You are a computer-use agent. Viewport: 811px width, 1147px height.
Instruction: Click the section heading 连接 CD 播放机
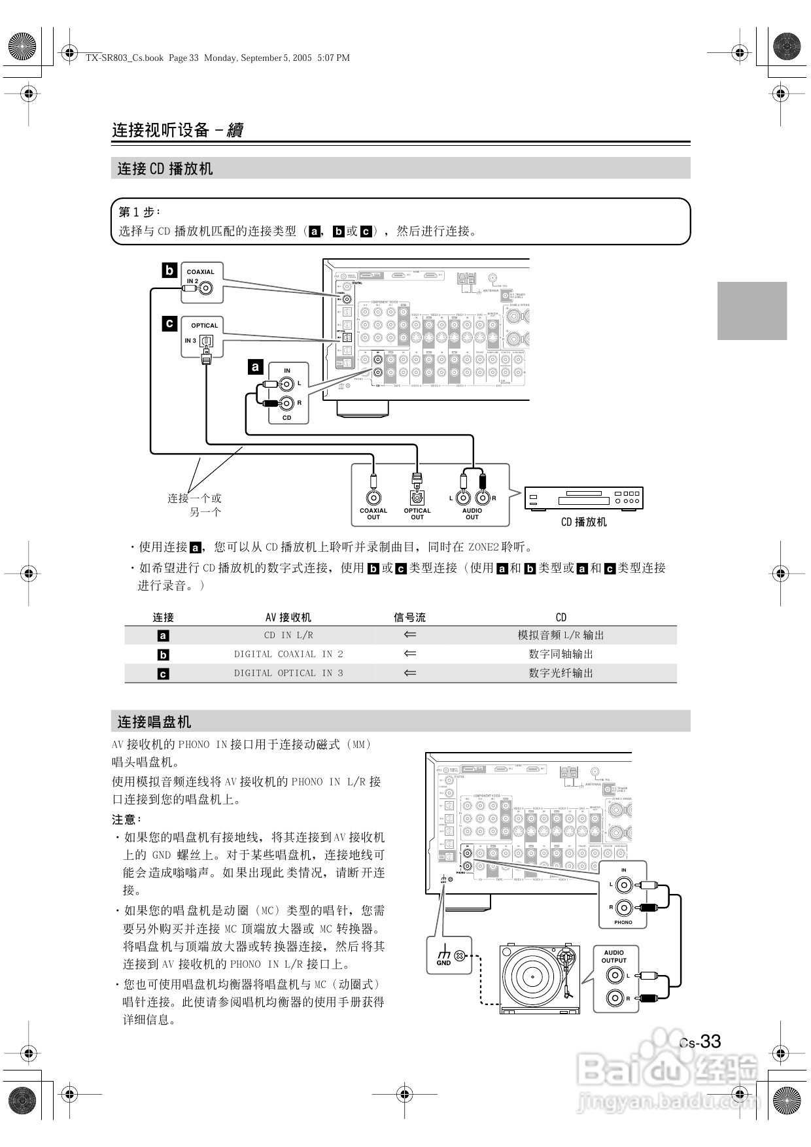point(165,169)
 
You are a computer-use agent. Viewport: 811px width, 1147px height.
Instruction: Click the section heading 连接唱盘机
point(154,722)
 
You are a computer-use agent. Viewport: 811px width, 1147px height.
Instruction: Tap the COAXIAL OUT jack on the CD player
point(373,498)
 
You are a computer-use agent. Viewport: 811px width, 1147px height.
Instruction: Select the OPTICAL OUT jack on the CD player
point(417,498)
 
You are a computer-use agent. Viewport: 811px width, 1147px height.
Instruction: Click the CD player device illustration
point(584,498)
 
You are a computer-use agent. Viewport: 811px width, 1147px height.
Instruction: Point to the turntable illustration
point(540,978)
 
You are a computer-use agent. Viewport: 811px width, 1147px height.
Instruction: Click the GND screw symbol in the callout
point(460,956)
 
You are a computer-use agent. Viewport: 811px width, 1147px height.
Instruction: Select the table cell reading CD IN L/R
point(288,635)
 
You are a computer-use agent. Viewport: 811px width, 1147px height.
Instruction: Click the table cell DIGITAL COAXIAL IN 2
point(288,654)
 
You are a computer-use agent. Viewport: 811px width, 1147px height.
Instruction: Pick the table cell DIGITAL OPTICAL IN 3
point(288,673)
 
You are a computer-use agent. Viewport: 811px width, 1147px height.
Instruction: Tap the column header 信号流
point(410,617)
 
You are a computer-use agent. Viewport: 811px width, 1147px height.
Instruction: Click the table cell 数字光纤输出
point(561,673)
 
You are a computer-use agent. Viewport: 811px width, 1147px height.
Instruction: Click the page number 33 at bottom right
point(710,1041)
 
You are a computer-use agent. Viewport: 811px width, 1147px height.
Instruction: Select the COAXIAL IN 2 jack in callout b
point(206,288)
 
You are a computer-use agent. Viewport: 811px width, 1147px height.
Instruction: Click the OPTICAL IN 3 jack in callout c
point(207,341)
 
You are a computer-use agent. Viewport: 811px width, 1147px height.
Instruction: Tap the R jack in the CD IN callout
point(286,403)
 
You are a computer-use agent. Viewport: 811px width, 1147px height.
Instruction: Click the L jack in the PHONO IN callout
point(624,885)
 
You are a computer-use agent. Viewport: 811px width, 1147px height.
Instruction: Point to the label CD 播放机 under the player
point(584,522)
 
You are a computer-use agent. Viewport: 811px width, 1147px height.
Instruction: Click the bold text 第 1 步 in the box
point(138,212)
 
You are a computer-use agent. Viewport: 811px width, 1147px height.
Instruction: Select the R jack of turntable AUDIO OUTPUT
point(615,998)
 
